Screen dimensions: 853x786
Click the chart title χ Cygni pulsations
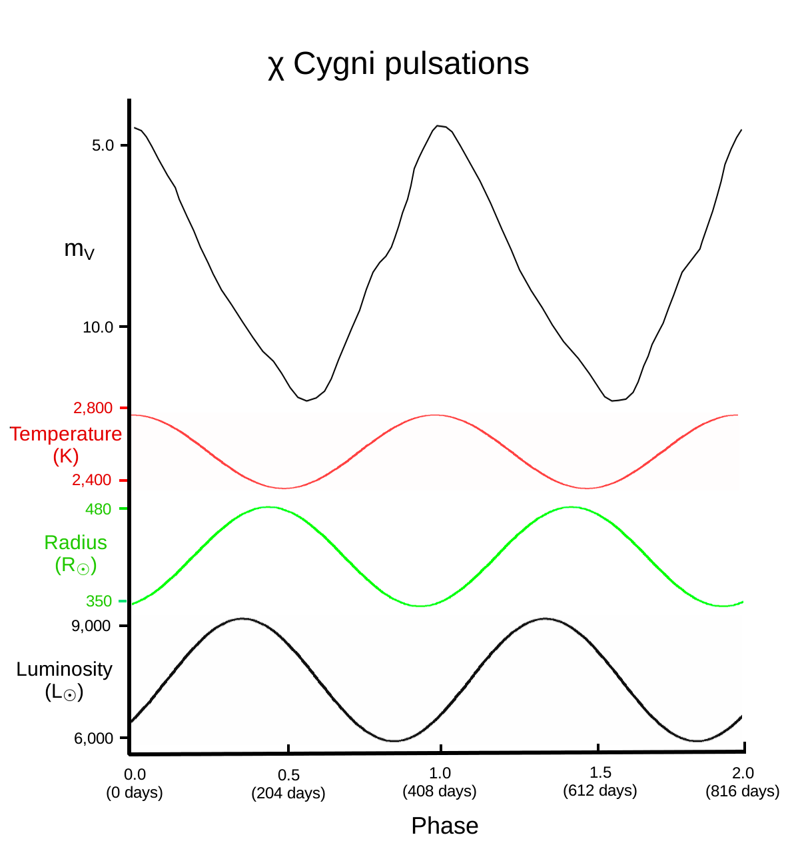(398, 65)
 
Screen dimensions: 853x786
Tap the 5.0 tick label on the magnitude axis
(103, 145)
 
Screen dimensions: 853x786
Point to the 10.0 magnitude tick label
(98, 327)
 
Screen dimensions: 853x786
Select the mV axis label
(79, 249)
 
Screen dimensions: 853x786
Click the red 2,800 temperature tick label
(93, 408)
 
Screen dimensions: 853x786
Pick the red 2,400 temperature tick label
(92, 480)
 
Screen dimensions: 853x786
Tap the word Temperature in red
(66, 434)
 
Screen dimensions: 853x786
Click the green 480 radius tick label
(99, 509)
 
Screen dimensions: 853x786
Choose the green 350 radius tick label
(99, 601)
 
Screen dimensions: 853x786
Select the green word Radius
(75, 542)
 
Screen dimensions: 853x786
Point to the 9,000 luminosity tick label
(91, 626)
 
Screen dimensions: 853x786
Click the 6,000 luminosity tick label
(93, 738)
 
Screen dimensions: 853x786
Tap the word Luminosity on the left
(65, 669)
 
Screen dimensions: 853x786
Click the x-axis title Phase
(444, 826)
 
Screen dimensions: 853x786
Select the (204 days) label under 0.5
(288, 794)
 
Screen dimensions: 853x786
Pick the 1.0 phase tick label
(440, 773)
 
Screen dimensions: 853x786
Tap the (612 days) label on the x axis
(600, 791)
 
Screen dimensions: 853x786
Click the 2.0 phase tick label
(743, 773)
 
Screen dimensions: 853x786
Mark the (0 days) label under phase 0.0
(135, 792)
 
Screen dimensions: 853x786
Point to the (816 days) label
(743, 791)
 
